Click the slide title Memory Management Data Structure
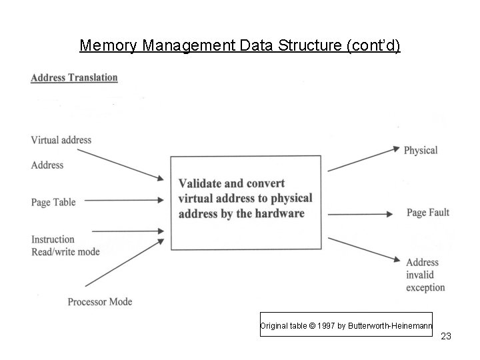click(x=239, y=46)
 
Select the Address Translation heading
click(x=74, y=77)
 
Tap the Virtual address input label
click(x=61, y=140)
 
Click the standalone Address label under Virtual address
click(x=47, y=165)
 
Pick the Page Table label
click(x=53, y=202)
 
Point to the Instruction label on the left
click(x=53, y=239)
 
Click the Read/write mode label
click(x=65, y=251)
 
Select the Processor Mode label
click(x=99, y=301)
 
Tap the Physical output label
click(x=420, y=151)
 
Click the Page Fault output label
click(x=427, y=213)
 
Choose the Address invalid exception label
click(x=425, y=275)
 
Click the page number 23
click(x=446, y=336)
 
